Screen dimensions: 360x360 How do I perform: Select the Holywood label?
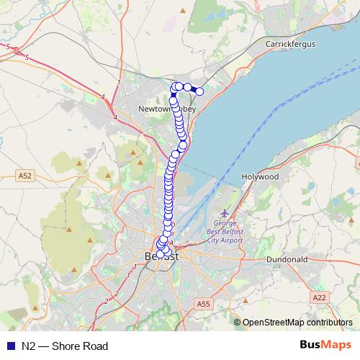259,176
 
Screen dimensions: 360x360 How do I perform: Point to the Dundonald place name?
287,258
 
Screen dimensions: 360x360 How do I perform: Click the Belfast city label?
161,256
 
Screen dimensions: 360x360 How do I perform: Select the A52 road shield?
25,175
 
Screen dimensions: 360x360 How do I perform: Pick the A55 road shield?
203,305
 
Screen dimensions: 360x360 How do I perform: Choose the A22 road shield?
319,297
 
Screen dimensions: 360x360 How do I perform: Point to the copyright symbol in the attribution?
238,323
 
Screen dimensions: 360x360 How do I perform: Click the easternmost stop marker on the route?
199,91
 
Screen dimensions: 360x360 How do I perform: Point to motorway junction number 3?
94,318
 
